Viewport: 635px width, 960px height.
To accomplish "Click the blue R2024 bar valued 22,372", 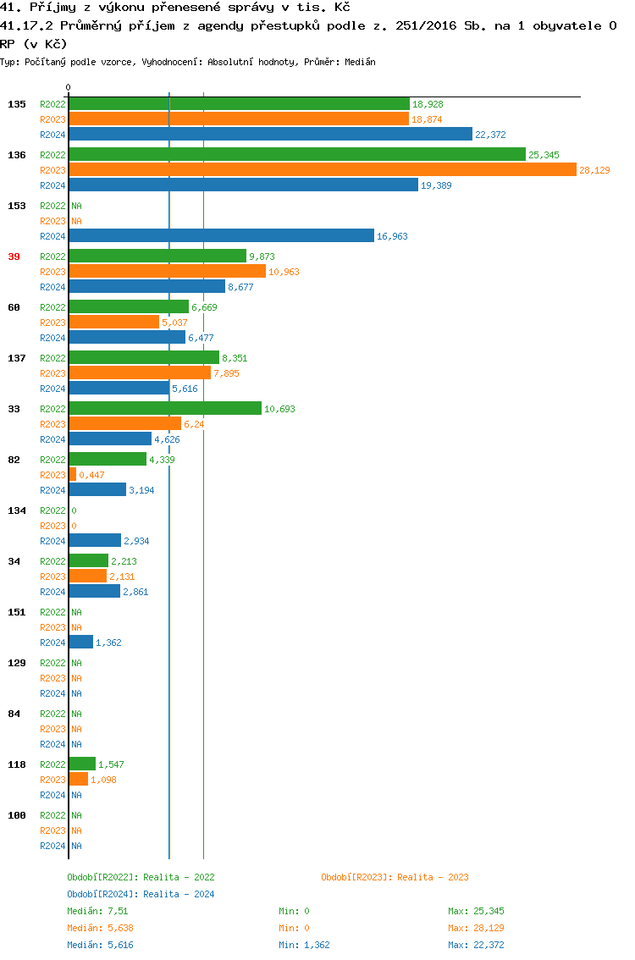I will click(270, 134).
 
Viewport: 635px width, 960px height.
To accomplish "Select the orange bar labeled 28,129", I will click(323, 169).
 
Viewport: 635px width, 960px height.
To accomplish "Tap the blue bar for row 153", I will click(221, 235).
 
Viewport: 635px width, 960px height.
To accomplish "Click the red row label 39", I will click(14, 257).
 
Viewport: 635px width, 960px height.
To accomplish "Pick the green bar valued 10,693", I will click(165, 408).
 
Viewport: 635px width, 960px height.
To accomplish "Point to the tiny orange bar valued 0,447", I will click(73, 474).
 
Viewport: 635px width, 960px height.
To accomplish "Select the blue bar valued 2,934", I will click(95, 540).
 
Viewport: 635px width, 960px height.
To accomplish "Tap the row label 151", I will click(17, 612).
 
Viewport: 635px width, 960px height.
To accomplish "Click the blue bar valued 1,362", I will click(81, 642).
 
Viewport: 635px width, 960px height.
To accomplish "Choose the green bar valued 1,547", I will click(82, 764).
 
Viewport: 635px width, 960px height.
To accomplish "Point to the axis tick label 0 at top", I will click(69, 88).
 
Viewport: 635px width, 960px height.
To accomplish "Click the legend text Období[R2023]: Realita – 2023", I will click(395, 877).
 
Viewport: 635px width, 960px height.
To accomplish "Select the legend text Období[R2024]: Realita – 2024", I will click(141, 894).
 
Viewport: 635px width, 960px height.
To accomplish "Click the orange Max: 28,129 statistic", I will click(476, 928).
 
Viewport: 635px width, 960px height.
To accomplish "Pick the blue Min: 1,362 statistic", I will click(306, 945).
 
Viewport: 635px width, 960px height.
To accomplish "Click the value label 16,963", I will click(392, 236).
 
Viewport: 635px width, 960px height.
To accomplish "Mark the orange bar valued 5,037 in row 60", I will click(113, 322).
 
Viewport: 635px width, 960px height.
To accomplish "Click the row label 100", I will click(17, 815).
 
